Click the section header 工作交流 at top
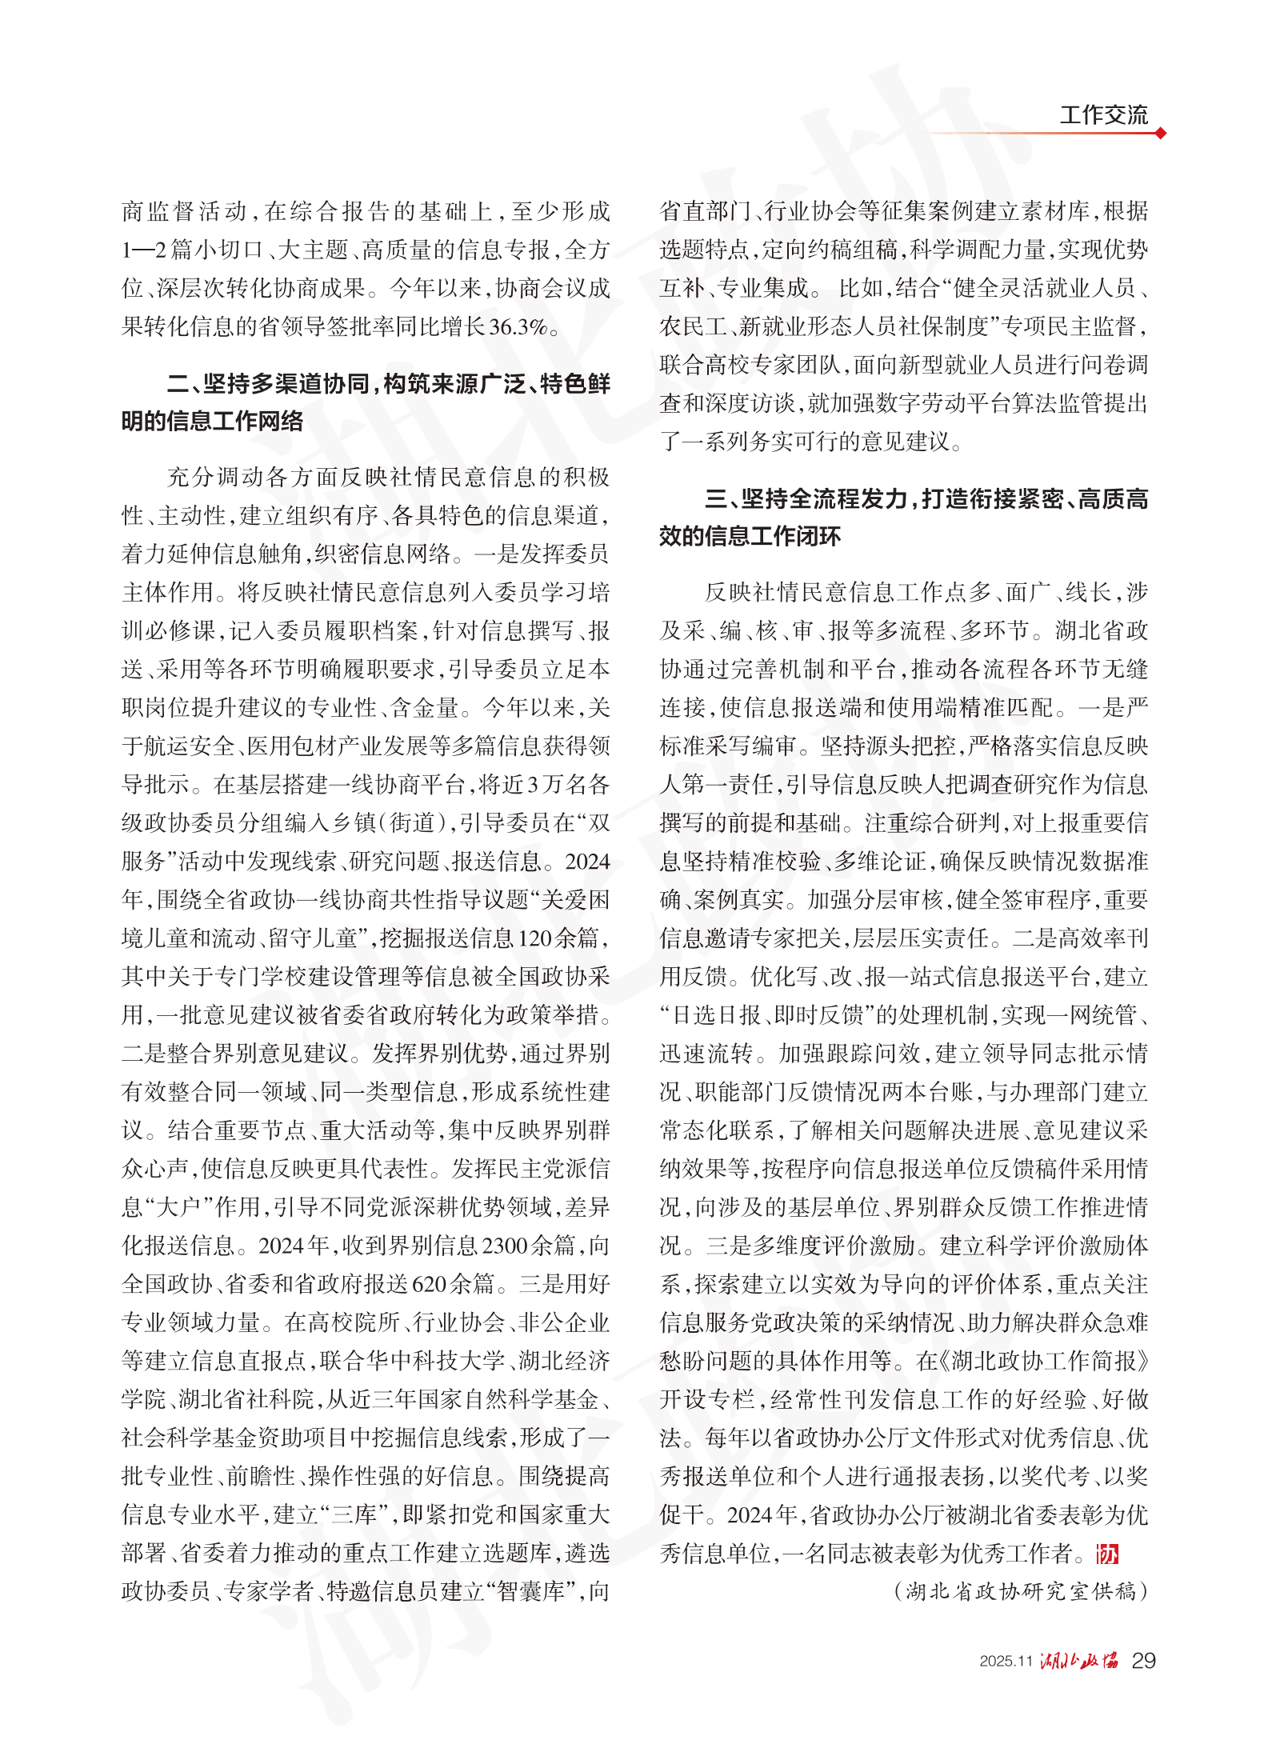[x=1103, y=114]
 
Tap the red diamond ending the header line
[x=1160, y=133]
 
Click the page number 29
[x=1143, y=1661]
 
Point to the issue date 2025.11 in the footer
[x=1006, y=1662]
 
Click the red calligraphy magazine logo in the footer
[x=1079, y=1661]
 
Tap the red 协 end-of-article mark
[x=1107, y=1554]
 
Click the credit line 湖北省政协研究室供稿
[x=1020, y=1591]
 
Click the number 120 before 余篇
[x=535, y=938]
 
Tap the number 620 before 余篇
[x=429, y=1284]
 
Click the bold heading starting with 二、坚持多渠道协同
[x=366, y=402]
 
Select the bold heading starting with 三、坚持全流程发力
[x=903, y=518]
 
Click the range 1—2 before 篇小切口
[x=144, y=250]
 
